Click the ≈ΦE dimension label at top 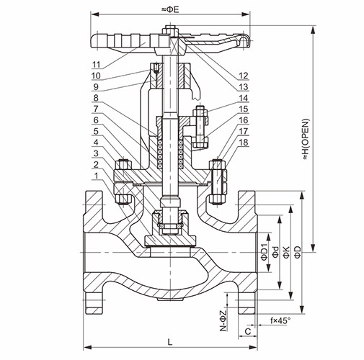tap(170, 9)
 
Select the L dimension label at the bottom tap(170, 342)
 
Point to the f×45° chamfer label tap(280, 320)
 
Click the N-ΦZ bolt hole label tap(223, 320)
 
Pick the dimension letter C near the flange tap(248, 331)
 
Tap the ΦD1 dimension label tap(264, 252)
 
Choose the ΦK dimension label tap(287, 252)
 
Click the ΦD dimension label tap(298, 252)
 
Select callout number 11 tap(96, 64)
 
